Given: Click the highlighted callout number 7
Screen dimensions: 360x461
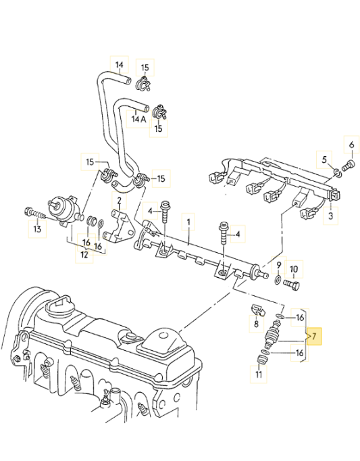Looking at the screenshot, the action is [314, 336].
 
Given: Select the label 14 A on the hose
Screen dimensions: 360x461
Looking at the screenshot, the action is [139, 119].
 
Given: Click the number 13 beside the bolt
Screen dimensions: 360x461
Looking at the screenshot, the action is [37, 229].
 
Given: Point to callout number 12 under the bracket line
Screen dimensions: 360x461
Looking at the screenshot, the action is [84, 255].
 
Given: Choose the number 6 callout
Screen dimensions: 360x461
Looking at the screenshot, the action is [351, 145].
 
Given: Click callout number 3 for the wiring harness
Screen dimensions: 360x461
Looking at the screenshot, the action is [330, 216].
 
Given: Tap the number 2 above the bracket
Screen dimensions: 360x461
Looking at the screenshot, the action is [119, 201].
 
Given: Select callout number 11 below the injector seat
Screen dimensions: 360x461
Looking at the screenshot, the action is [259, 374].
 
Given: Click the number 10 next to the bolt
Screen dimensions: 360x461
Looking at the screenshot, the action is [294, 269].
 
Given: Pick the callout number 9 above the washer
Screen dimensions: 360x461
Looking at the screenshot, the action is [278, 265].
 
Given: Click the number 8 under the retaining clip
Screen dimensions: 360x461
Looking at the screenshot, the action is [256, 324].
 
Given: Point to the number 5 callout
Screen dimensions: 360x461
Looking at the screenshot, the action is [324, 160].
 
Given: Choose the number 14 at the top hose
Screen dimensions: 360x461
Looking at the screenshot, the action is [119, 65].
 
